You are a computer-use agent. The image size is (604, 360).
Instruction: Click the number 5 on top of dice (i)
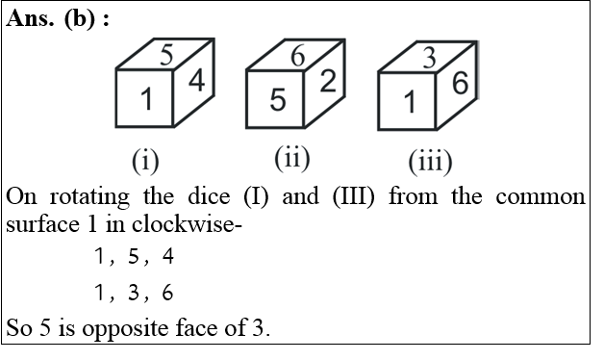click(x=166, y=54)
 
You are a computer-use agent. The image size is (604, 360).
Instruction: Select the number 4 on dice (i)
click(x=196, y=84)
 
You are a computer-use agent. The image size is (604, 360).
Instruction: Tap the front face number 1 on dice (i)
click(x=145, y=99)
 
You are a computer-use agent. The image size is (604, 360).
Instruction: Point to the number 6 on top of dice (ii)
click(x=297, y=56)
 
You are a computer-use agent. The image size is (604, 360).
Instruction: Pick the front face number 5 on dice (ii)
click(x=277, y=99)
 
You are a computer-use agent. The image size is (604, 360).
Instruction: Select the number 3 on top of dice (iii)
click(x=429, y=58)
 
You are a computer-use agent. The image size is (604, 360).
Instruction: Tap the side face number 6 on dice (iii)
click(x=460, y=85)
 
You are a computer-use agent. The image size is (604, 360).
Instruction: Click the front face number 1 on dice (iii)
click(x=409, y=102)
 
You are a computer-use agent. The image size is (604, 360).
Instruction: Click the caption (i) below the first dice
click(x=145, y=158)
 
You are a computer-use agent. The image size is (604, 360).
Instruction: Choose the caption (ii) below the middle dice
click(x=290, y=156)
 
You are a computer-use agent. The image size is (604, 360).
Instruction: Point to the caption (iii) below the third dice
click(x=429, y=160)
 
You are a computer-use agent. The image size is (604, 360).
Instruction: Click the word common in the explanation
click(x=541, y=196)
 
